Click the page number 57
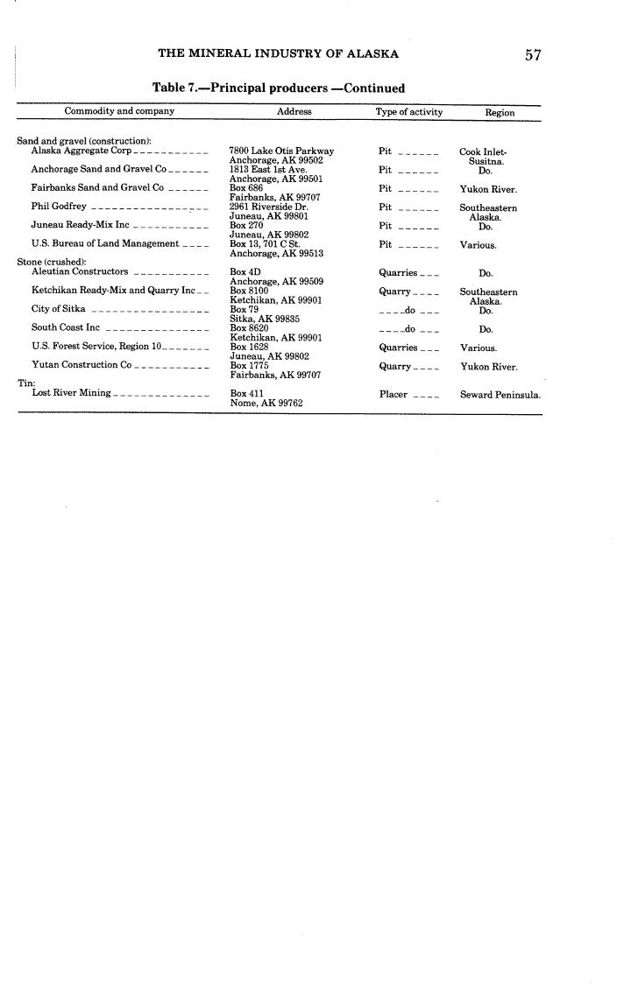point(533,55)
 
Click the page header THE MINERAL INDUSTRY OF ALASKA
point(278,53)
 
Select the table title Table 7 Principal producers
point(279,88)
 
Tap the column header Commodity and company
point(119,111)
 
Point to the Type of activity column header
point(409,112)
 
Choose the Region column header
point(500,113)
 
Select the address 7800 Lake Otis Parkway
point(281,151)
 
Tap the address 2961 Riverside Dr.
point(268,207)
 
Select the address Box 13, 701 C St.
point(265,244)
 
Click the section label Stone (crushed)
point(52,262)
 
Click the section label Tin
point(25,383)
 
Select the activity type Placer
point(394,394)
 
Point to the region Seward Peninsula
point(500,395)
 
